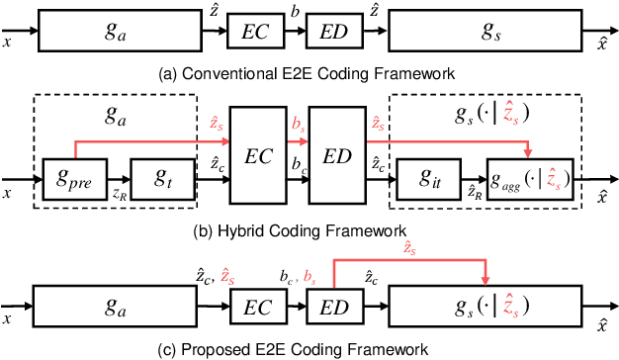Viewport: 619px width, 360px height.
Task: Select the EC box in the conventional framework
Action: pos(254,32)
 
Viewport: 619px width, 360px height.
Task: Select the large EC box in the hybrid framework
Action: pos(257,155)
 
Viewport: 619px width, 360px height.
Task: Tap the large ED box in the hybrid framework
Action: pos(337,155)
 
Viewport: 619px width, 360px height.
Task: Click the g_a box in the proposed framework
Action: pos(116,309)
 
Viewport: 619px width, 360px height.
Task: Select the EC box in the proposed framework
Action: pos(254,309)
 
